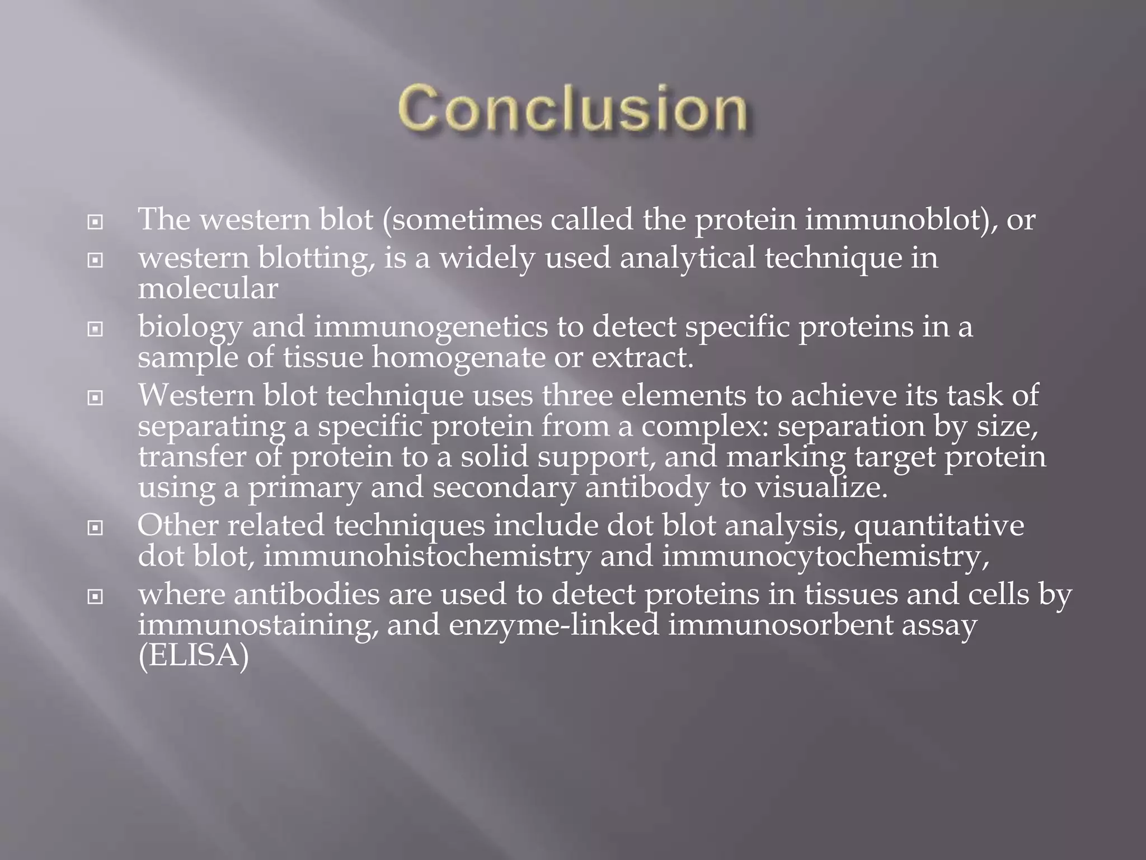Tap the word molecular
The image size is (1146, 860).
pos(208,289)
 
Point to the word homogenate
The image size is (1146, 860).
pos(458,357)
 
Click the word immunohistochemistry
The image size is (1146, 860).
pos(427,557)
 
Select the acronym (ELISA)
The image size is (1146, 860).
pos(193,656)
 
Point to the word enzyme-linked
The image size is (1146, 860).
pos(553,625)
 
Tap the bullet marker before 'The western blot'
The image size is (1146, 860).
pos(96,223)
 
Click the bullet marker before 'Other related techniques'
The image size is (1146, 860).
pos(96,528)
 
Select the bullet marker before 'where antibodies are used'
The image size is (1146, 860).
pos(96,597)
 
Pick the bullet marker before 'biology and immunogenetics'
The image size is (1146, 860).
pos(96,330)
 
